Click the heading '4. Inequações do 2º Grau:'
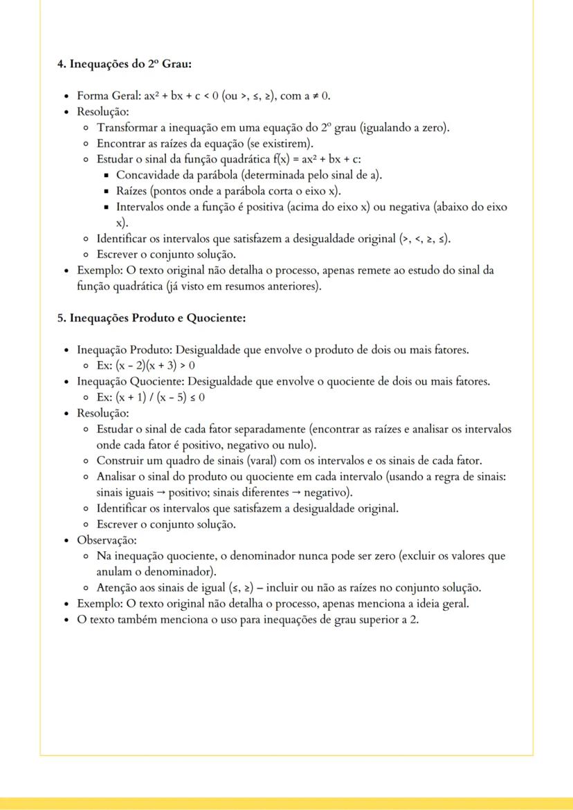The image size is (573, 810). coord(124,64)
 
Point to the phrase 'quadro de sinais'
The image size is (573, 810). coord(199,461)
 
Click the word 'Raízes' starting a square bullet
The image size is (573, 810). coord(131,192)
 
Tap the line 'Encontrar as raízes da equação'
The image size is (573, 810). coord(205,144)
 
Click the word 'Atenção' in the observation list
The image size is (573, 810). coord(117,588)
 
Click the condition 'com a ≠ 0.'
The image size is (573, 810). coord(305,96)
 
